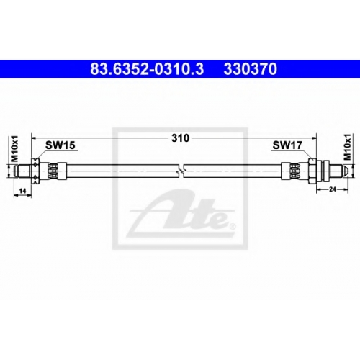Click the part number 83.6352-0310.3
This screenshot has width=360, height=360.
pyautogui.click(x=147, y=68)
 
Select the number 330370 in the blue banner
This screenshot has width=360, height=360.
pyautogui.click(x=251, y=68)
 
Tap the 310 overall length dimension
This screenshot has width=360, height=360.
pyautogui.click(x=180, y=138)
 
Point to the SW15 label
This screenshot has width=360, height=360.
pyautogui.click(x=60, y=145)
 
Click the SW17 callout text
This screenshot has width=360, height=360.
pyautogui.click(x=287, y=145)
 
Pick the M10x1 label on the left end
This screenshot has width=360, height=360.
pyautogui.click(x=15, y=148)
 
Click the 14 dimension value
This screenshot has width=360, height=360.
pyautogui.click(x=22, y=191)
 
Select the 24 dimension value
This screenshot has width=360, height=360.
pyautogui.click(x=332, y=189)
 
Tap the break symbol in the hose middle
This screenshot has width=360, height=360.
pyautogui.click(x=181, y=171)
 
